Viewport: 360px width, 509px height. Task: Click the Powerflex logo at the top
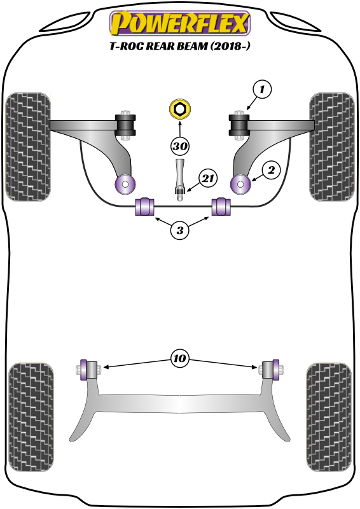[180, 24]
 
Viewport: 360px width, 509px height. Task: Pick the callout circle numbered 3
[180, 231]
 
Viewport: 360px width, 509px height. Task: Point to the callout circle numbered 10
[180, 359]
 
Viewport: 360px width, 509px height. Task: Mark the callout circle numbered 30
[180, 146]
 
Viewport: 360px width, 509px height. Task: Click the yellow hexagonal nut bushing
[180, 109]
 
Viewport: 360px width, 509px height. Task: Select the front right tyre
[331, 145]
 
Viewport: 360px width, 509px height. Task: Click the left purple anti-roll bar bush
[145, 207]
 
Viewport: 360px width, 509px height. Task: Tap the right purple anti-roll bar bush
[221, 207]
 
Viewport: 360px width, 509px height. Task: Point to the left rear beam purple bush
[83, 369]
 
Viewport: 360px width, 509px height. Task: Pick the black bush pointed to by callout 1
[240, 123]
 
